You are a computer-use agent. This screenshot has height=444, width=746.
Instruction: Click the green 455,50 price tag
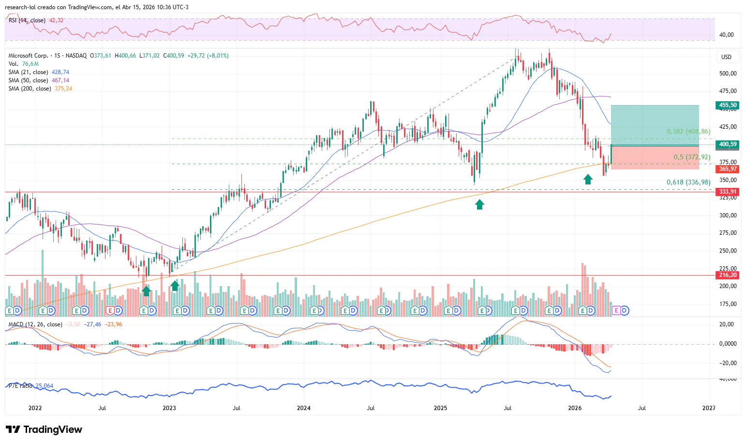click(x=727, y=105)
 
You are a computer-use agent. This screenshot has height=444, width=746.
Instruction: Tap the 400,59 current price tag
click(x=727, y=144)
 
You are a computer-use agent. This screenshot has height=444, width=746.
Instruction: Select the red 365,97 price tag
click(x=727, y=169)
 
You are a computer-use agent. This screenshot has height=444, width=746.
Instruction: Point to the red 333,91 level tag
click(x=727, y=192)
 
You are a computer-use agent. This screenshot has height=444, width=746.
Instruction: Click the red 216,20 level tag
click(x=727, y=275)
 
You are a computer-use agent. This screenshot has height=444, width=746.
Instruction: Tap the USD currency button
click(x=726, y=57)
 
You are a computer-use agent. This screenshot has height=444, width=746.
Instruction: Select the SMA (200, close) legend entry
click(x=30, y=89)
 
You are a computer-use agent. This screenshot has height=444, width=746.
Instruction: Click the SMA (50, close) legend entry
click(x=28, y=80)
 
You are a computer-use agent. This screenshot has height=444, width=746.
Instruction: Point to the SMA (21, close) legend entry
click(x=28, y=72)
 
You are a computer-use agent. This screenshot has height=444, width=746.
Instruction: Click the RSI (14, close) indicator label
click(x=27, y=20)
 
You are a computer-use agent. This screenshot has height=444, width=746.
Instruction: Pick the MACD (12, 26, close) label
click(x=35, y=324)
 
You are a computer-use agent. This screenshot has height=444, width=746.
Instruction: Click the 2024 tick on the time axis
click(x=303, y=408)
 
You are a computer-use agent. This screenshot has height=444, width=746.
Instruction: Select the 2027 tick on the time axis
click(x=708, y=408)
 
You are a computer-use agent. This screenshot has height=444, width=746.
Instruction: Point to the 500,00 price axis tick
click(x=728, y=74)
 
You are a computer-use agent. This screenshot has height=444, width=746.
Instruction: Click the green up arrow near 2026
click(x=588, y=180)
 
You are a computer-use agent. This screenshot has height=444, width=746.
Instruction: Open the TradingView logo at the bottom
click(x=44, y=429)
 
